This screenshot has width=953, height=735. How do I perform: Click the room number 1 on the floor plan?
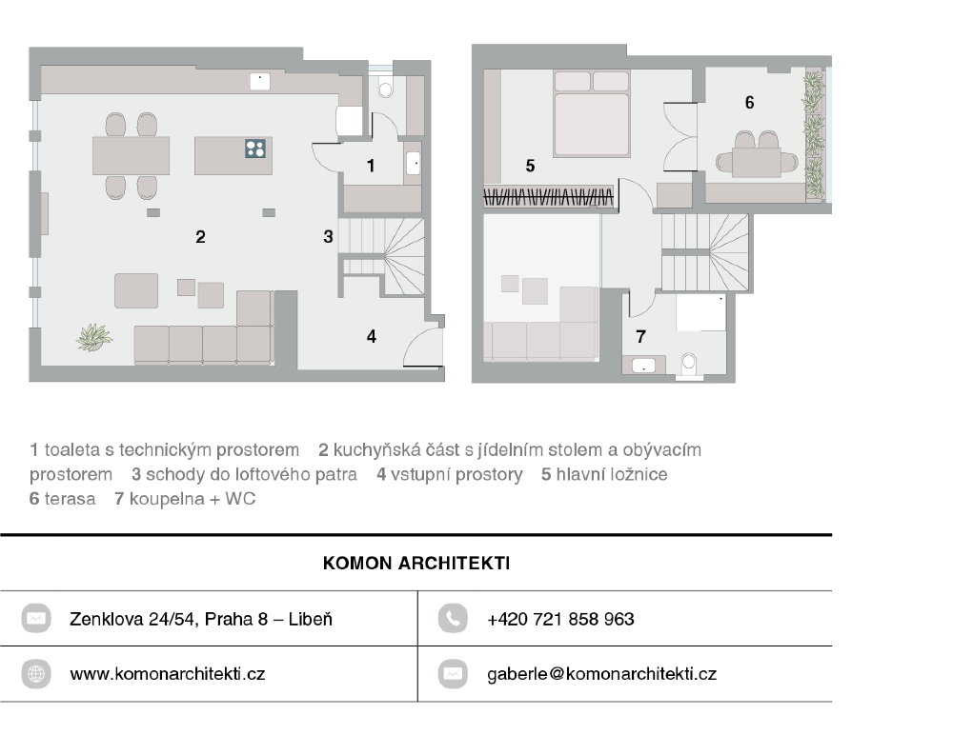[371, 166]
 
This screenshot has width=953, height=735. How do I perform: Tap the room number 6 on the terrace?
[749, 103]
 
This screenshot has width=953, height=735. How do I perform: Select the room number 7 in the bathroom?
[640, 336]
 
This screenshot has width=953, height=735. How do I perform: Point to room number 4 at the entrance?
[372, 336]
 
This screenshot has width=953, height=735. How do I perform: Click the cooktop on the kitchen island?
[255, 149]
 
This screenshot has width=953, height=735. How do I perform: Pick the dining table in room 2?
[131, 156]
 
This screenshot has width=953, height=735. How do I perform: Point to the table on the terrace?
[757, 162]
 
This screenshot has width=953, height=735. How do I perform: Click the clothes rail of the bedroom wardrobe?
[548, 197]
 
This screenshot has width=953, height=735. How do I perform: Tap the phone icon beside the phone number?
[453, 619]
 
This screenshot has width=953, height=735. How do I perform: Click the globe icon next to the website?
[36, 674]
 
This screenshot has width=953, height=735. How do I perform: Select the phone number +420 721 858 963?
[560, 619]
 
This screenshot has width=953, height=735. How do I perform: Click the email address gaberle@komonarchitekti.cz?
[601, 674]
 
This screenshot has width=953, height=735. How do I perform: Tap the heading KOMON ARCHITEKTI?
[416, 563]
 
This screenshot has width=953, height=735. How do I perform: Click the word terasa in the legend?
[70, 499]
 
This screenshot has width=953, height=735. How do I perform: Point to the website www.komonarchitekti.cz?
[167, 674]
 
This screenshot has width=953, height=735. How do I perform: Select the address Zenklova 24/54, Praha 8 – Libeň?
[200, 619]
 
